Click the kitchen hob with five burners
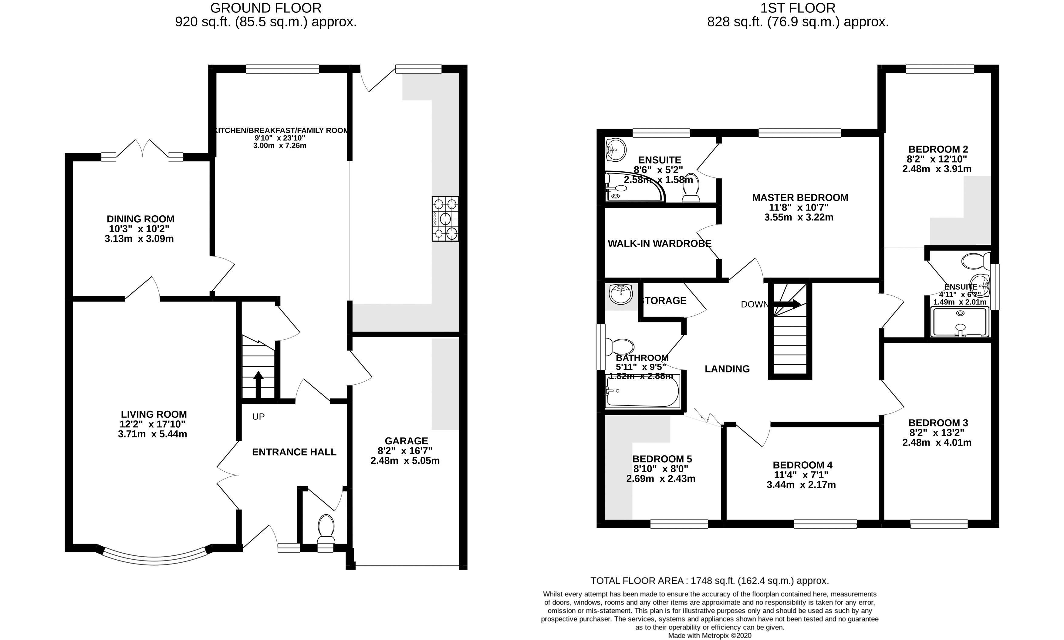pyautogui.click(x=445, y=219)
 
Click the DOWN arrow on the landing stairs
pyautogui.click(x=787, y=304)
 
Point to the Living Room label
pyautogui.click(x=154, y=414)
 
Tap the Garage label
pyautogui.click(x=406, y=441)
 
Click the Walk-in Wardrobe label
pyautogui.click(x=659, y=244)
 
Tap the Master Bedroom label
pyautogui.click(x=800, y=197)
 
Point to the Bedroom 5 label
pyautogui.click(x=662, y=459)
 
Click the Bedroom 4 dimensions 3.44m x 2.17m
pyautogui.click(x=801, y=485)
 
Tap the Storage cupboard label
pyautogui.click(x=664, y=301)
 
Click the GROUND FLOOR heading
pyautogui.click(x=266, y=8)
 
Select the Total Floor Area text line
pyautogui.click(x=709, y=581)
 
